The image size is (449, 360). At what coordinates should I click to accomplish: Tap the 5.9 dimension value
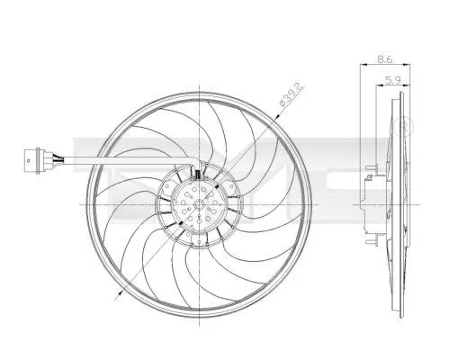coord(392,81)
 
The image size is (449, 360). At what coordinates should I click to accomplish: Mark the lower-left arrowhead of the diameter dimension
coord(120,292)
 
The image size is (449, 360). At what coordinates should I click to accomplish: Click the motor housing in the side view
coord(370,205)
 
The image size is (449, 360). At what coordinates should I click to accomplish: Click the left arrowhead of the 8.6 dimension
coord(363,64)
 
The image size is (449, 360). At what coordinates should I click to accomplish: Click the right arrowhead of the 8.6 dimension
coord(400,64)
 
